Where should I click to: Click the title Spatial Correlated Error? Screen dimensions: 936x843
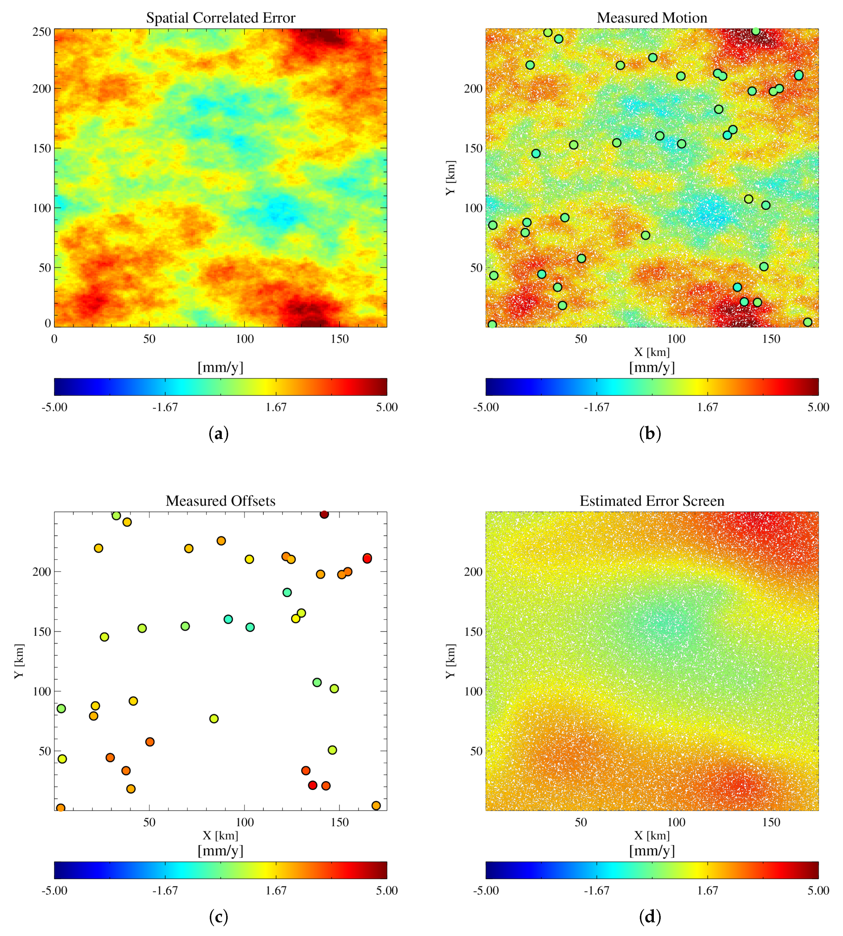221,18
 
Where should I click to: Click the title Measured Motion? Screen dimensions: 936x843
652,18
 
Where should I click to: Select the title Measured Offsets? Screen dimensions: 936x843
221,501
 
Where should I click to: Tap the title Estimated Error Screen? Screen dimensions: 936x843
652,501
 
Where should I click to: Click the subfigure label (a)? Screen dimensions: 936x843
219,434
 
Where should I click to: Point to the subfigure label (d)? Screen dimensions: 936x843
650,917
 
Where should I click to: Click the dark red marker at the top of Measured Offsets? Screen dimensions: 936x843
324,514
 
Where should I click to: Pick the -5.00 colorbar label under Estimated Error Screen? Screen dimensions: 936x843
486,891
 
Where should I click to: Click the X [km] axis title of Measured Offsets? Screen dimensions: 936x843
221,835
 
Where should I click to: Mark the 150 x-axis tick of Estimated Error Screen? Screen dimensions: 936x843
771,823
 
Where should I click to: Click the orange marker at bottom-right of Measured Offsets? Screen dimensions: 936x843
376,806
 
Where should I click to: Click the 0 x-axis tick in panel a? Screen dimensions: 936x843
54,339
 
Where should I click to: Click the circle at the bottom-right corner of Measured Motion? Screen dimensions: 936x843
808,322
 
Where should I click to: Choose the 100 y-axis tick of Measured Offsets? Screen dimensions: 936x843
42,691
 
